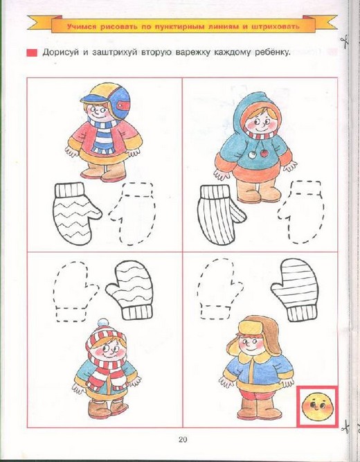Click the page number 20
coord(182,440)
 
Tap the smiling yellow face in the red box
coord(317,407)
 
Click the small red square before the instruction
coord(32,53)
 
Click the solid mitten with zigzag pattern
coord(75,214)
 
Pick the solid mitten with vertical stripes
coord(221,214)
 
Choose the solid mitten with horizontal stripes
coord(295,290)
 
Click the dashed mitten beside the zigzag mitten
coord(132,214)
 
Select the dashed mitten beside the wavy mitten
coord(75,292)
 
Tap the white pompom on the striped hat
coord(102,323)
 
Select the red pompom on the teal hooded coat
coord(264,153)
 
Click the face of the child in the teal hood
coord(258,123)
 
